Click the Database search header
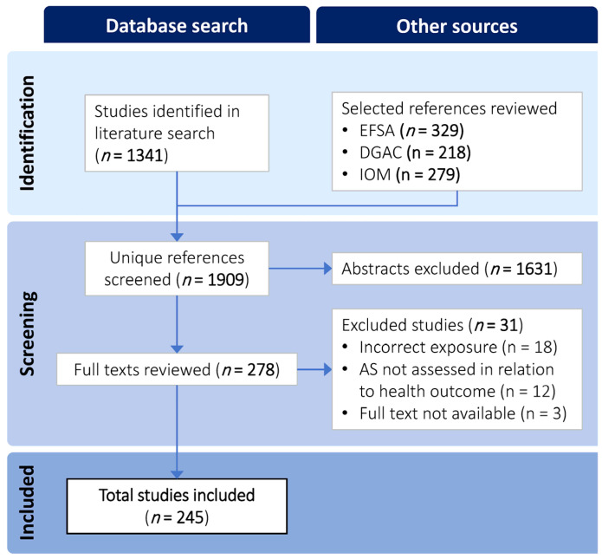pos(177,26)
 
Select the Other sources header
pos(456,26)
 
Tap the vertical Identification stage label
pos(27,133)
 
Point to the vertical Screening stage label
pos(28,334)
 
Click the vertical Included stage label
pos(27,503)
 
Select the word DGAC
pos(380,153)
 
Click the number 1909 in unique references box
pos(226,280)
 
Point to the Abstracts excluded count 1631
pos(534,269)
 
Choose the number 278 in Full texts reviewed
pos(261,369)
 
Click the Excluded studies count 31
pos(509,325)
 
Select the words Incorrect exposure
pos(428,348)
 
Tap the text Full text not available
pos(437,413)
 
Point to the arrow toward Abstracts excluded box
pos(301,269)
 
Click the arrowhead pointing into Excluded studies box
pos(328,369)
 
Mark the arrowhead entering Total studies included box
pos(177,474)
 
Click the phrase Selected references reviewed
pos(450,108)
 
